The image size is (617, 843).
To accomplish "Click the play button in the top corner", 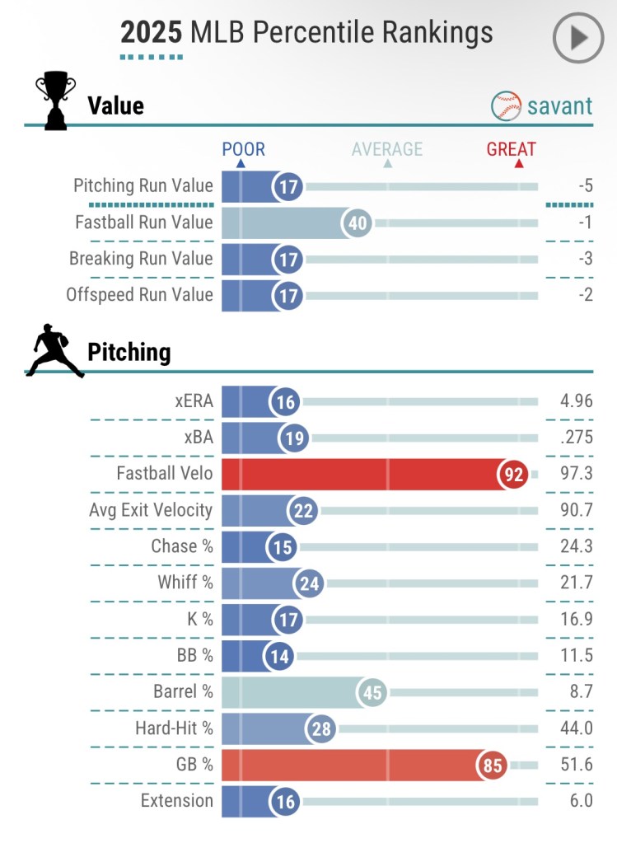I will pyautogui.click(x=578, y=38).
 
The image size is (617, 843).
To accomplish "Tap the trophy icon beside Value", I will pyautogui.click(x=55, y=101).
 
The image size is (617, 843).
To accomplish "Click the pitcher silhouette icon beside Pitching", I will pyautogui.click(x=54, y=351).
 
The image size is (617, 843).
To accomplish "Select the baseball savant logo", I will pyautogui.click(x=542, y=105).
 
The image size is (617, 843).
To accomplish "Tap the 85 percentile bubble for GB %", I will pyautogui.click(x=493, y=766).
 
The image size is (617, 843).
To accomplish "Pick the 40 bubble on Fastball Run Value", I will pyautogui.click(x=358, y=222).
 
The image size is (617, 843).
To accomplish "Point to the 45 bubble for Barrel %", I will pyautogui.click(x=373, y=692).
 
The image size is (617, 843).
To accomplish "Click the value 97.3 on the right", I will pyautogui.click(x=576, y=474).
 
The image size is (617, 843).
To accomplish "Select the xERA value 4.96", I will pyautogui.click(x=576, y=401).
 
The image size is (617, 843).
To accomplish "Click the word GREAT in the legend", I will pyautogui.click(x=511, y=149).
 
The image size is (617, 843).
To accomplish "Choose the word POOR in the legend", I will pyautogui.click(x=243, y=149).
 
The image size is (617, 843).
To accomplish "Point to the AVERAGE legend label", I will pyautogui.click(x=386, y=149).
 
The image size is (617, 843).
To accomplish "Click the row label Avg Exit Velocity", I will pyautogui.click(x=151, y=510).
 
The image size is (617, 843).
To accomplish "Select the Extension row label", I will pyautogui.click(x=176, y=801).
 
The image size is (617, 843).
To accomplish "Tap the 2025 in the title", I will pyautogui.click(x=152, y=32).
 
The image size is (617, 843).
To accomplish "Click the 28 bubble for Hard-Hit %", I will pyautogui.click(x=320, y=728).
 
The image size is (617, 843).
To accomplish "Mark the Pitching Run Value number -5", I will pyautogui.click(x=585, y=186).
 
